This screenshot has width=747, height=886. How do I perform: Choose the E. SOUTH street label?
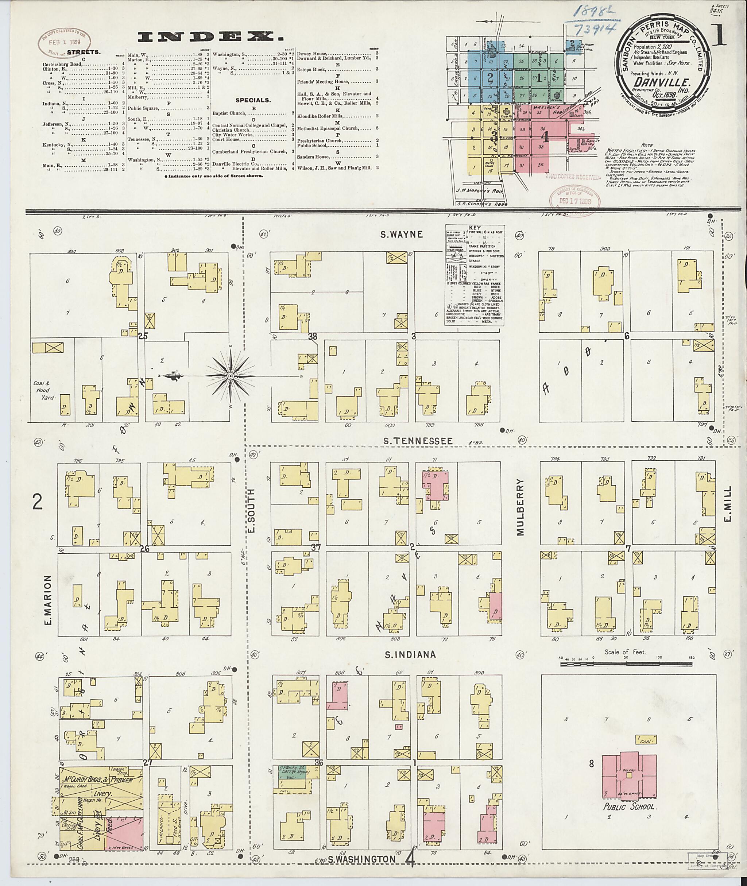pyautogui.click(x=251, y=511)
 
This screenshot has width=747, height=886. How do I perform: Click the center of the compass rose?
pyautogui.click(x=230, y=376)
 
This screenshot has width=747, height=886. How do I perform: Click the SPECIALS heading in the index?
pyautogui.click(x=253, y=100)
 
